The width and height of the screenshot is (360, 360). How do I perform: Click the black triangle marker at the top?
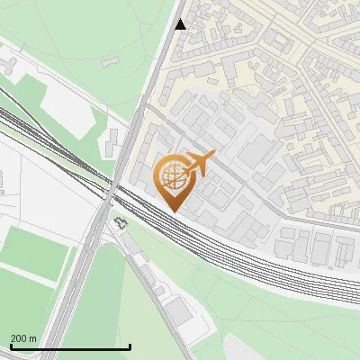[180, 24]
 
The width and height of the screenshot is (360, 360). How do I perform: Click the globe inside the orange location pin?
[171, 177]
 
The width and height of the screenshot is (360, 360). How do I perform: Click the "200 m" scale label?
[24, 338]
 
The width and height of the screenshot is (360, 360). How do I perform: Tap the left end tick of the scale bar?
[11, 346]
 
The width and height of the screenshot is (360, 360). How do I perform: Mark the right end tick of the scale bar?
[130, 346]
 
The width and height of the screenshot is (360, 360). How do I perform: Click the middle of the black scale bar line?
[70, 347]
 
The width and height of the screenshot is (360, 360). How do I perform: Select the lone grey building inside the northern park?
[111, 61]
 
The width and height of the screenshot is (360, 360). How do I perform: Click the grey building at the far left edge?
[4, 64]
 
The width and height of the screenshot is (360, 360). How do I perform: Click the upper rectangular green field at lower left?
[36, 252]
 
